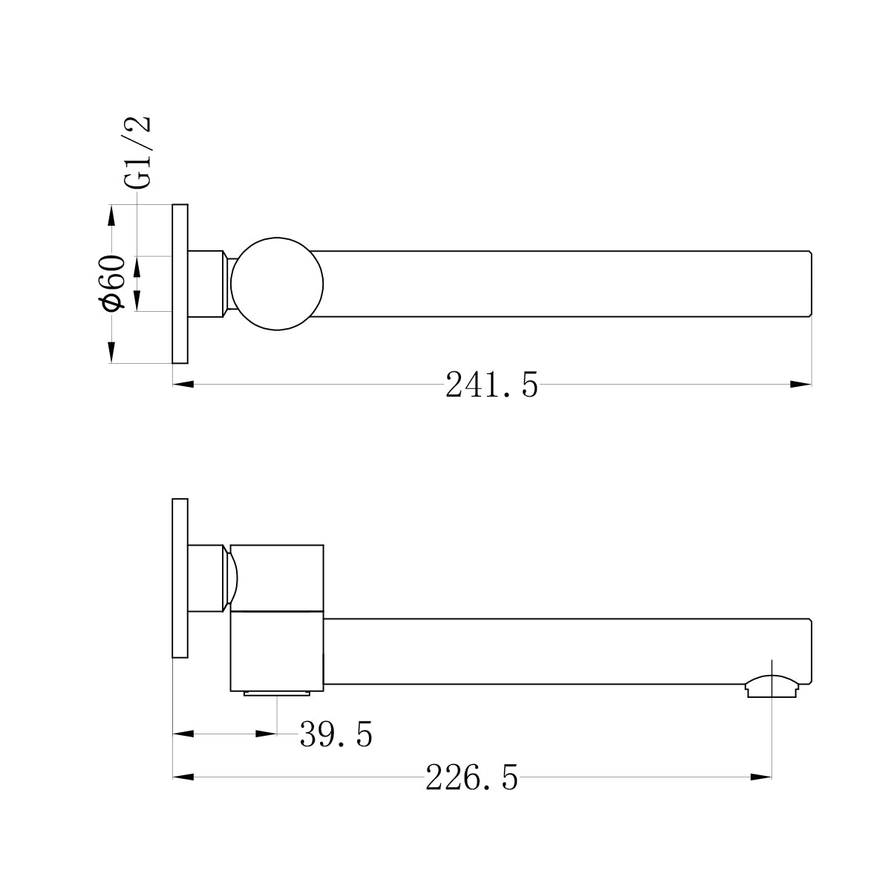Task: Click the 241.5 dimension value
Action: coord(492,385)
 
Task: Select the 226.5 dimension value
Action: coord(471,778)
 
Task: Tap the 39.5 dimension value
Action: coord(336,734)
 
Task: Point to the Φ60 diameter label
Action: coord(112,283)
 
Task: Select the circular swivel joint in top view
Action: coord(277,284)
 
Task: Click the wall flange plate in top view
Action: coord(180,284)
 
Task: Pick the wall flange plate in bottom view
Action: coord(180,578)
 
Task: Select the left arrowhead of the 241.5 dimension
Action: coord(183,385)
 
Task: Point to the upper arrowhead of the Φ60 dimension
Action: coord(111,215)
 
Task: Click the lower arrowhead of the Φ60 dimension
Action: coord(111,352)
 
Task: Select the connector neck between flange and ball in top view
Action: coord(207,284)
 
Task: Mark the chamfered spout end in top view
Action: coord(809,284)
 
